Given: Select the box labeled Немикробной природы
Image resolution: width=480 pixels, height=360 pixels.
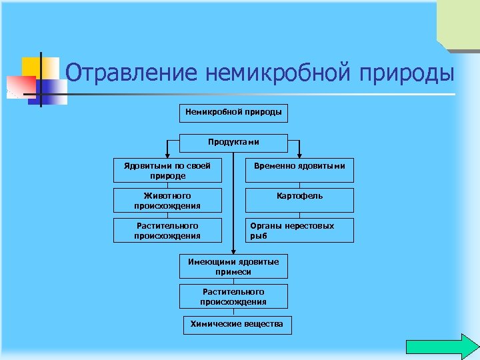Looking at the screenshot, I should [233, 113].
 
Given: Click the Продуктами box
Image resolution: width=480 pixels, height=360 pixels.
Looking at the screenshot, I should [233, 143].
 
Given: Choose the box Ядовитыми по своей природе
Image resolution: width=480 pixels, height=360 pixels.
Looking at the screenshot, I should [167, 171].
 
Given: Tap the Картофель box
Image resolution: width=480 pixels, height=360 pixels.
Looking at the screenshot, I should [299, 197].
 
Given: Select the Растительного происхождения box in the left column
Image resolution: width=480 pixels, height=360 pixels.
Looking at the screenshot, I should [167, 231].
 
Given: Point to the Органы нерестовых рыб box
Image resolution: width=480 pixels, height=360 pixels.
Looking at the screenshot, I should [299, 231].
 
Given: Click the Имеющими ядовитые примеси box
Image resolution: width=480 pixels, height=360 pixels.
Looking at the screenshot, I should [233, 267].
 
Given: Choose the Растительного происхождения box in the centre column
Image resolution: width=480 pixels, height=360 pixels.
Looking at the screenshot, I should [233, 297].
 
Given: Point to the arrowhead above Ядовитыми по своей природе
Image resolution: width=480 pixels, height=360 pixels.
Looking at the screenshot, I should [167, 155].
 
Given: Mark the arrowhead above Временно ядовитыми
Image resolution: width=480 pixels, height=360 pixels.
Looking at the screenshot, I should [299, 155].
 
